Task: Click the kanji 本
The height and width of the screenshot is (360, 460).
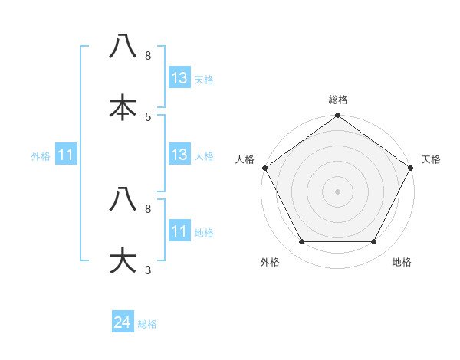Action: point(123,107)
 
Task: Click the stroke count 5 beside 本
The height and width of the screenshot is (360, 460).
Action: point(148,116)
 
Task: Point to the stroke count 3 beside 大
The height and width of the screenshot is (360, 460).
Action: point(148,270)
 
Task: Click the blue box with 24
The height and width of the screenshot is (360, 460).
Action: point(123,323)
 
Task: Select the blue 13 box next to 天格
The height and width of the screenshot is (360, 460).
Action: point(179,78)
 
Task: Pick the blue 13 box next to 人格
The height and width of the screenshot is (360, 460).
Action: point(179,155)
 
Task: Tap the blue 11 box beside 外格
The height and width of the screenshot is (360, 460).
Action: point(66,155)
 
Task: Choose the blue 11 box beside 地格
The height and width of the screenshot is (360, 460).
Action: point(179,231)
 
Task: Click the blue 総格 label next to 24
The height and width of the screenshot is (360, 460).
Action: point(147,324)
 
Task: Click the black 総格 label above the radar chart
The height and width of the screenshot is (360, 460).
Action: point(337,100)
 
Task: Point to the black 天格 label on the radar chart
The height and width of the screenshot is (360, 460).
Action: point(431,159)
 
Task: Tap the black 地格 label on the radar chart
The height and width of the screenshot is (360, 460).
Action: point(402,262)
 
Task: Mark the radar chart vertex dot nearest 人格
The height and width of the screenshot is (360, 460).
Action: point(264,168)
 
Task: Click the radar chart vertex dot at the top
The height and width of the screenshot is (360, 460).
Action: point(337,116)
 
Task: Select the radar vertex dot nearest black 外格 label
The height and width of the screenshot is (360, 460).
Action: point(301,242)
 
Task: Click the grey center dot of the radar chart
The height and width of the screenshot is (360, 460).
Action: point(337,191)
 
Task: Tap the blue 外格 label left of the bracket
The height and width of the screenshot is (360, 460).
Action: point(40,156)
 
